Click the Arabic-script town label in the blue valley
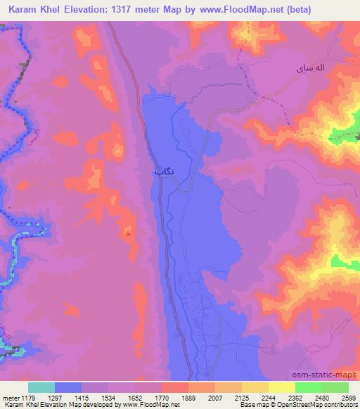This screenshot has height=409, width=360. (163, 171)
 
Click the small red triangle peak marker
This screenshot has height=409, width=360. (127, 231)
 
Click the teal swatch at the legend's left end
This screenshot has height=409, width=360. (41, 387)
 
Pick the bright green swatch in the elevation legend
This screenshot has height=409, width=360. (309, 387)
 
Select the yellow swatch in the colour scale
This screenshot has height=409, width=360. (281, 387)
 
